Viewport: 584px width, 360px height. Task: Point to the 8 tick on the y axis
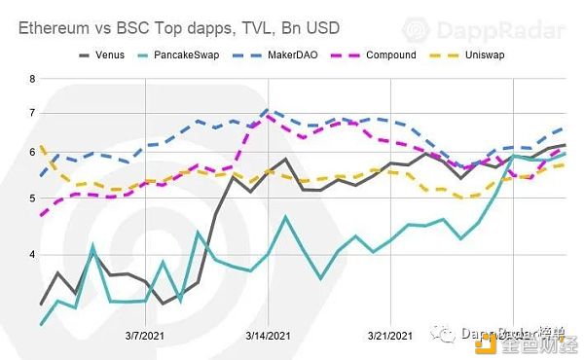[32, 78]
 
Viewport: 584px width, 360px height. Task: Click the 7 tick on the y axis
[32, 113]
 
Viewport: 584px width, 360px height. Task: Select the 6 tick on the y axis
[32, 153]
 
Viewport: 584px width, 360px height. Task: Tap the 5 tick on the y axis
[32, 198]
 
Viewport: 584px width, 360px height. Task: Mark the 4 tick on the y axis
[32, 255]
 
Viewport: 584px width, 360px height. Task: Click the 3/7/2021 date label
[145, 335]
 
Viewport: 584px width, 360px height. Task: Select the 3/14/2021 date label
[267, 335]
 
